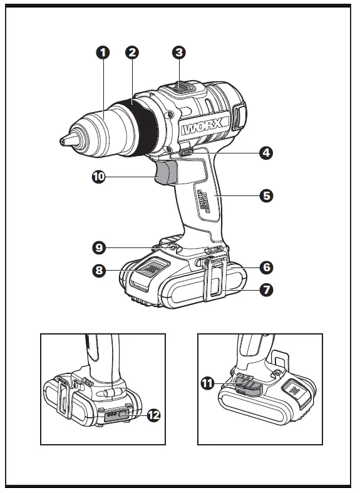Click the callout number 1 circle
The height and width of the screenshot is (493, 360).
(103, 53)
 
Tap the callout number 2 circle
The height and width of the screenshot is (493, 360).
(131, 53)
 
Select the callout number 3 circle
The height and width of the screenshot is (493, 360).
(179, 53)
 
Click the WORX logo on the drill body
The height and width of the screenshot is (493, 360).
(203, 129)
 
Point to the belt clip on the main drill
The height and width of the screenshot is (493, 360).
(213, 279)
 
